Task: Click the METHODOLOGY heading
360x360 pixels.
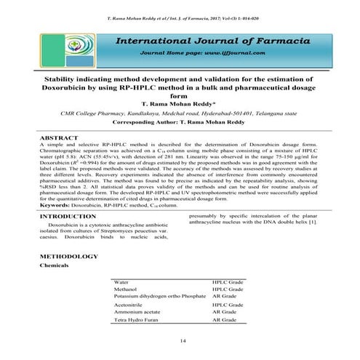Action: (x=67, y=257)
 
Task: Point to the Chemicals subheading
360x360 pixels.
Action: (x=53, y=266)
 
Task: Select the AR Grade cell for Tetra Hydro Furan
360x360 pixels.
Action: (x=223, y=320)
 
